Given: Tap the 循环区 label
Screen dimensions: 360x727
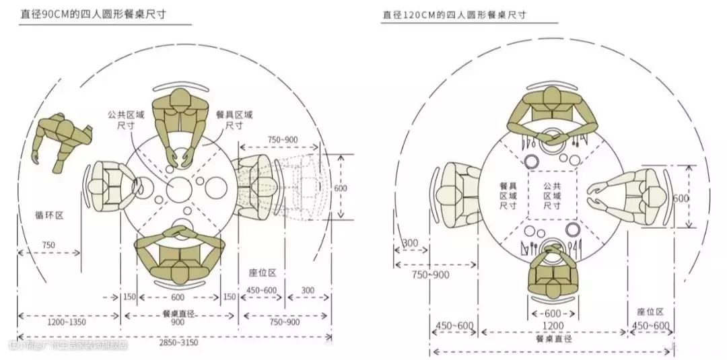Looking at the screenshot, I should pyautogui.click(x=49, y=215).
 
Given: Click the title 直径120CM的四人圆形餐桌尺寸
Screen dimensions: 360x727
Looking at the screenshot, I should pyautogui.click(x=454, y=14).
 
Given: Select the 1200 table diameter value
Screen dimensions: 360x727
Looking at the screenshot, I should pyautogui.click(x=553, y=326).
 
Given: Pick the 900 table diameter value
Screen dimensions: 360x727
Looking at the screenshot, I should pyautogui.click(x=178, y=322).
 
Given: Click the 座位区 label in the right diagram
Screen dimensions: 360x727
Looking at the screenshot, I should pyautogui.click(x=650, y=312).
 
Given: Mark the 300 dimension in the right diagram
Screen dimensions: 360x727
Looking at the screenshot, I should pyautogui.click(x=409, y=243).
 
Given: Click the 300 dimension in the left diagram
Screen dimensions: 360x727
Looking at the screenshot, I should pyautogui.click(x=307, y=290).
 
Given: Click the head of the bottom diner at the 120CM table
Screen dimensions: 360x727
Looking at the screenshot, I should pyautogui.click(x=553, y=252).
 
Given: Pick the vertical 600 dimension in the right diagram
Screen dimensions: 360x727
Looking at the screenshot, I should pyautogui.click(x=681, y=199).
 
